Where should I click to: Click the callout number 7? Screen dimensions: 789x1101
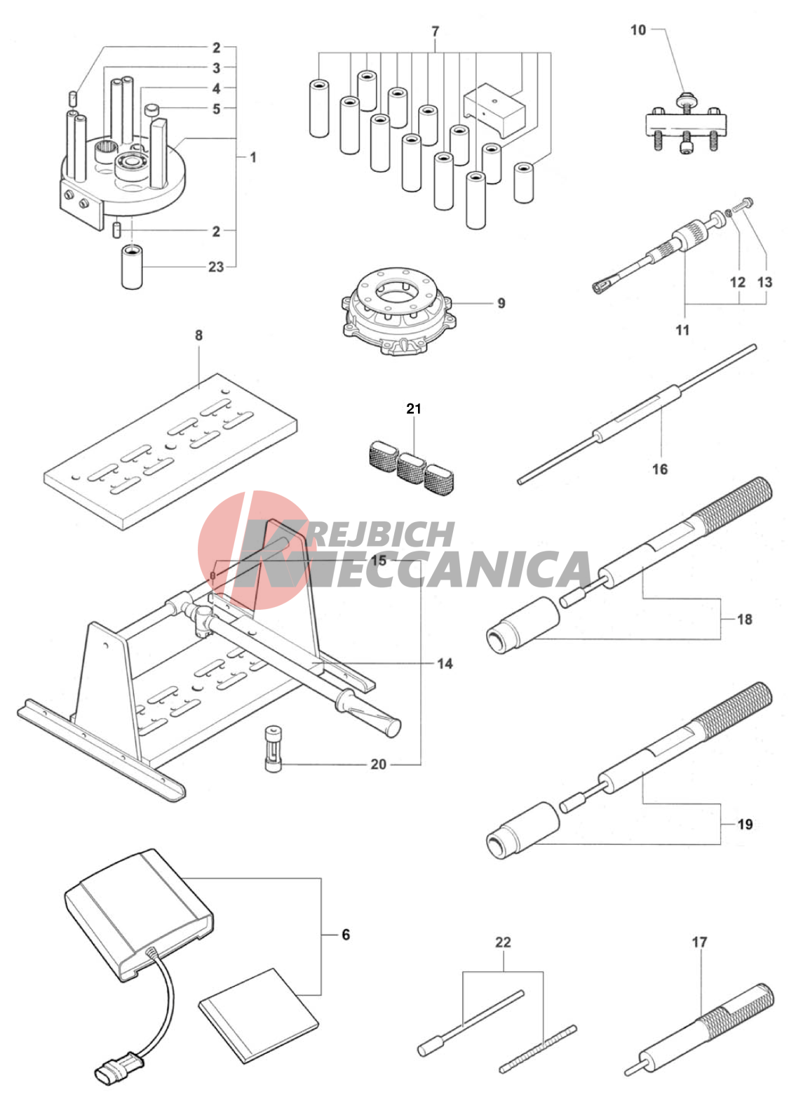tap(435, 32)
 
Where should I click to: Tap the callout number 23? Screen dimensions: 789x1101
tap(216, 267)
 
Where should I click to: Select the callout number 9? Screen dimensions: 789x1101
tap(501, 303)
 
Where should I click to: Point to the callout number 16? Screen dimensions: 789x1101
tap(660, 469)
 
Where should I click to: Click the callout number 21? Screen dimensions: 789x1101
tap(414, 408)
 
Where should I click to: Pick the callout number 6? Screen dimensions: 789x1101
tap(346, 935)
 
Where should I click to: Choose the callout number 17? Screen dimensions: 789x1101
tap(700, 942)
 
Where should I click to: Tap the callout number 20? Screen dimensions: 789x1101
tap(378, 764)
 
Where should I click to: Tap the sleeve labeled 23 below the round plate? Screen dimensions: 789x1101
tap(132, 267)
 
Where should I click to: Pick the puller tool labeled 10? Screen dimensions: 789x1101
tap(685, 126)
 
